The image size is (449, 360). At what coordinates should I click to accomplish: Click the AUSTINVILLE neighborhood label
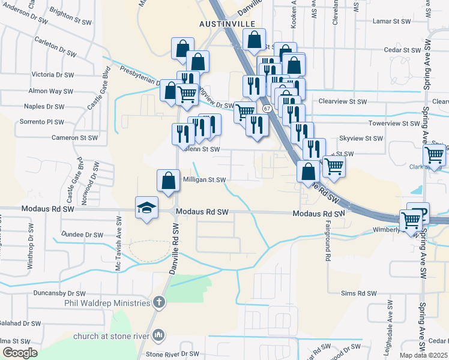(223, 24)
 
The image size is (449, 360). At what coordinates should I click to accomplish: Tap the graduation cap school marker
(146, 208)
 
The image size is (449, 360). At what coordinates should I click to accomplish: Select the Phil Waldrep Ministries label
(107, 302)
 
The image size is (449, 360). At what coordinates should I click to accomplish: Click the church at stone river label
(112, 336)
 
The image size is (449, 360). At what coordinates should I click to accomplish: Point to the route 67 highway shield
(266, 108)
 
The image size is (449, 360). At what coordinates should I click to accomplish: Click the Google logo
(20, 353)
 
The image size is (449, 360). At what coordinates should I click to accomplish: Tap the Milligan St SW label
(204, 179)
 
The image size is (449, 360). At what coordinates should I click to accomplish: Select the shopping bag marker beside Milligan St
(168, 180)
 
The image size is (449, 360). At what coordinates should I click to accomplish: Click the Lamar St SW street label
(391, 21)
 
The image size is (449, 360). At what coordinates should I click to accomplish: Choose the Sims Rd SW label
(358, 293)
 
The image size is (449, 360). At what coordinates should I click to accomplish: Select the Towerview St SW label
(395, 123)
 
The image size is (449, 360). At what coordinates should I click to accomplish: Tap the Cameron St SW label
(74, 137)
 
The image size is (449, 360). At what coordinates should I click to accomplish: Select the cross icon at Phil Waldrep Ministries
(158, 302)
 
